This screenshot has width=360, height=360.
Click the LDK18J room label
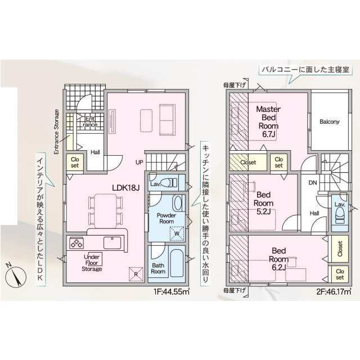(x=126, y=188)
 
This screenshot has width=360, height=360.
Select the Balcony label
(x=330, y=121)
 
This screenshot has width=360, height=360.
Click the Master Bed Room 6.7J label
(x=268, y=121)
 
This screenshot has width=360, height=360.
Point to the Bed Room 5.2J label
(x=264, y=203)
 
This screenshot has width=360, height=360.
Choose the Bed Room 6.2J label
(x=279, y=259)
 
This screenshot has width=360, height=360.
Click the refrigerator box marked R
(x=136, y=274)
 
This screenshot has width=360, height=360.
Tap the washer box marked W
(x=177, y=234)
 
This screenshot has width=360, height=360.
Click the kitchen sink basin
(x=112, y=243)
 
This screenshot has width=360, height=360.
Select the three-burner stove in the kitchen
(x=76, y=243)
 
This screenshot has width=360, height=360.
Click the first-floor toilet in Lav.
(x=169, y=183)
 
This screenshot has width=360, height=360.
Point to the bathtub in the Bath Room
(x=177, y=263)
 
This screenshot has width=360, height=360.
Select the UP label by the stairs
(x=139, y=163)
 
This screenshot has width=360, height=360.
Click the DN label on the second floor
(x=313, y=183)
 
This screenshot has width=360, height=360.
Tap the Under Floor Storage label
(x=92, y=263)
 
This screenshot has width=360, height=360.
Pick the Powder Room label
(x=166, y=218)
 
